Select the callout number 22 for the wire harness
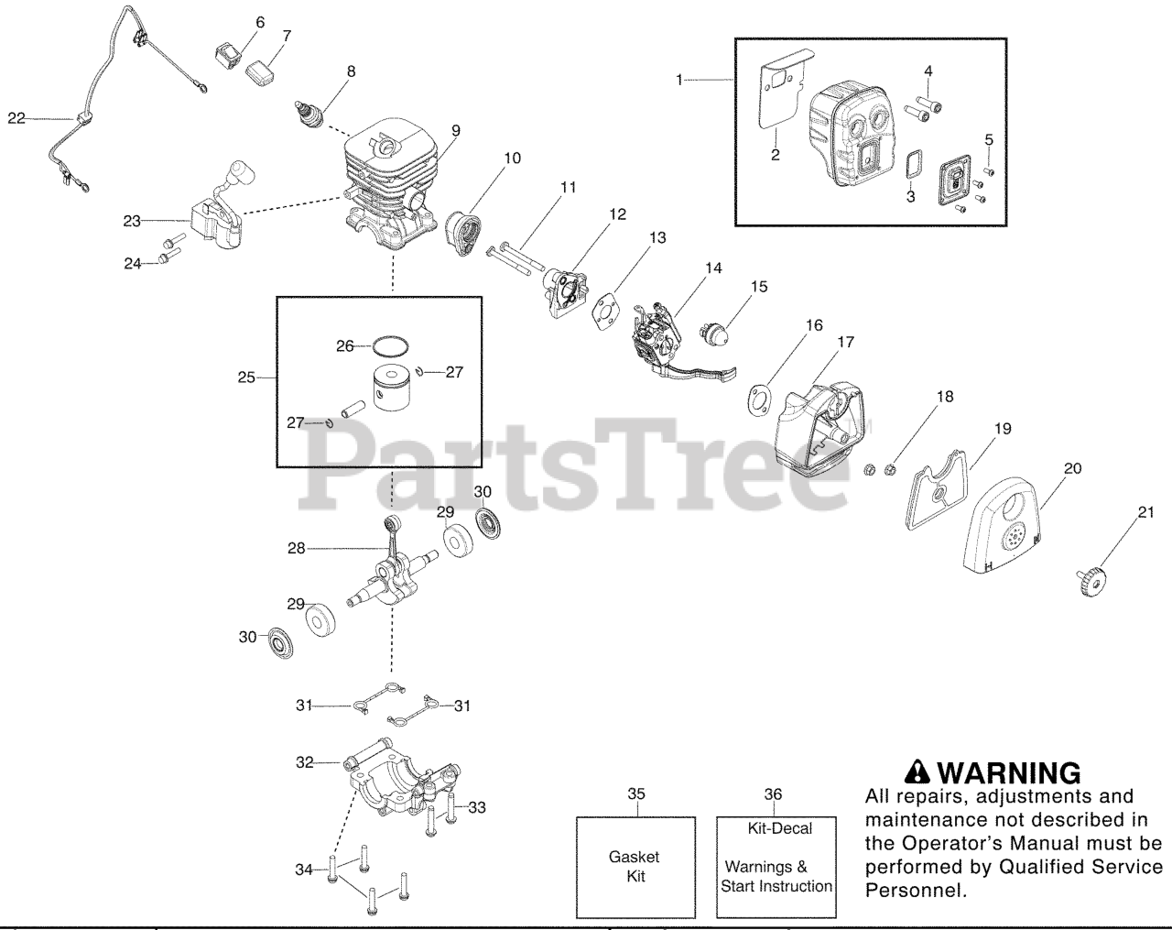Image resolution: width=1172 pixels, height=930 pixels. pos(16,117)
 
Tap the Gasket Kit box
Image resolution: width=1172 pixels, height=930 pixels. pos(634,866)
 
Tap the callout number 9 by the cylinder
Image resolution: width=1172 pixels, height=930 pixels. pos(455,131)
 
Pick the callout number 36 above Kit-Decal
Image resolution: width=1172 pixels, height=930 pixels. pos(774,794)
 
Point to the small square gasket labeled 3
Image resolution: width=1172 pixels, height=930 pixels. pos(911,169)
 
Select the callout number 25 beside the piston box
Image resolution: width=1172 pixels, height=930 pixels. pos(246,377)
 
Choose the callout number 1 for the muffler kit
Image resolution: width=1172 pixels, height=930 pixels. pos(679,80)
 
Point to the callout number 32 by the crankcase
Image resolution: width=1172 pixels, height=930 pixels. pos(304,761)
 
